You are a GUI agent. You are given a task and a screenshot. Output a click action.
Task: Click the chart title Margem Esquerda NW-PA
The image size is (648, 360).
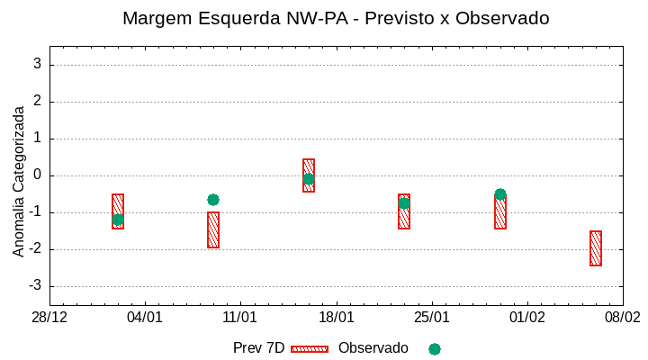[336, 18]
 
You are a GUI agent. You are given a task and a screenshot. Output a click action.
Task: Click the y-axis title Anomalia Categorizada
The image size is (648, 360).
[19, 181]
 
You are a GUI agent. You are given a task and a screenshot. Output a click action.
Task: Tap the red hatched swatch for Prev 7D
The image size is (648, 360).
[310, 348]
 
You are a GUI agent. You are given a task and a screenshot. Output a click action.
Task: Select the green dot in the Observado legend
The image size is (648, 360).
[435, 348]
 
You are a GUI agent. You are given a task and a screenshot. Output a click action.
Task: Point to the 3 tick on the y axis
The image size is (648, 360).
[38, 65]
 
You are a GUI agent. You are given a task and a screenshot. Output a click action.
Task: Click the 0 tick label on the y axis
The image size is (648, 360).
[38, 175]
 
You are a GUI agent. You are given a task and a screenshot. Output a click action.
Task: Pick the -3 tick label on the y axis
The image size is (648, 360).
[35, 286]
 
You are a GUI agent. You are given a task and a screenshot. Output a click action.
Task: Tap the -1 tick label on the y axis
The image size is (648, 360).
[35, 212]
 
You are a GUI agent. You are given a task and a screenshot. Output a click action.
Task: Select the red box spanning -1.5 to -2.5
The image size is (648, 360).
[596, 248]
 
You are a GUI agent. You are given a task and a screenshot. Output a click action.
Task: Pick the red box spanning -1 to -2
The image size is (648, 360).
[213, 230]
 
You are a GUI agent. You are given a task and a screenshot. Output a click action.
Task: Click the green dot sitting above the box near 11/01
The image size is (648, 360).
[213, 200]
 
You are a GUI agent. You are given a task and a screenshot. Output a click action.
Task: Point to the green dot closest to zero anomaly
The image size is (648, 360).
[309, 179]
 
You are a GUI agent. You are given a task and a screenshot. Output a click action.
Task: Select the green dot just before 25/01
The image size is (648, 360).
[404, 203]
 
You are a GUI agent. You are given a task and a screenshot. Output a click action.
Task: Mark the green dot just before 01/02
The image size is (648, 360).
[500, 194]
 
